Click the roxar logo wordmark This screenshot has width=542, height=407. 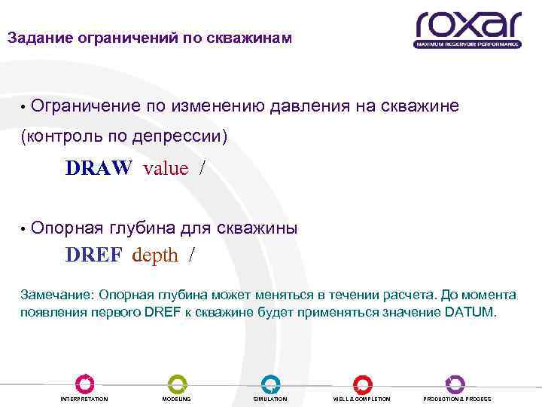point(467,24)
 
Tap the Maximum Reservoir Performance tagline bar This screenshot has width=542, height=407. point(467,44)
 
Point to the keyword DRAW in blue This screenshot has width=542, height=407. point(99,167)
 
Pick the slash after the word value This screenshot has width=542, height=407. point(202,167)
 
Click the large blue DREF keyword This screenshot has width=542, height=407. point(93,256)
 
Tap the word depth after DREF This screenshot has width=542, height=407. point(155,256)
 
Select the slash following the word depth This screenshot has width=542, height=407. point(192,256)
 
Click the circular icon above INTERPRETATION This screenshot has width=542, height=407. point(84,383)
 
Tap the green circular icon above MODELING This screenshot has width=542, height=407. point(177,383)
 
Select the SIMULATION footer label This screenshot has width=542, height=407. point(270,399)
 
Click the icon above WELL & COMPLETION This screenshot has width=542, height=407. point(362,383)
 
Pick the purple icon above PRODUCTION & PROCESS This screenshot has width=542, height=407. point(455,383)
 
